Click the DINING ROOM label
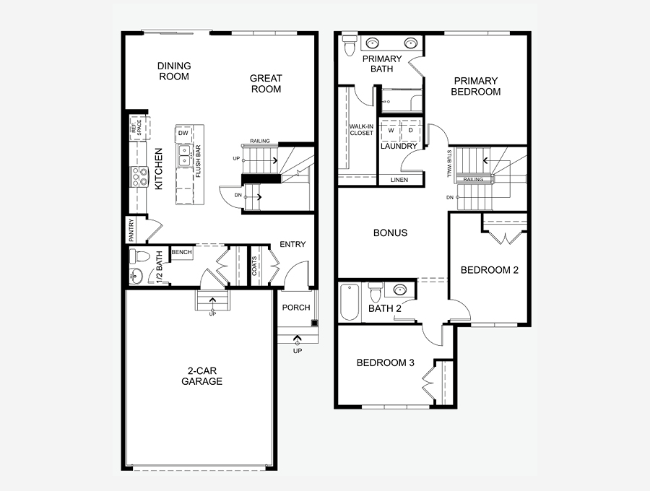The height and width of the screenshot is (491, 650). (x=174, y=71)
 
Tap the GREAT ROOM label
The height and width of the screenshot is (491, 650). (x=266, y=84)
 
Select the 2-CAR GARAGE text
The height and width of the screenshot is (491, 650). (x=202, y=376)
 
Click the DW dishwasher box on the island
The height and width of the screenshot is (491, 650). (x=183, y=133)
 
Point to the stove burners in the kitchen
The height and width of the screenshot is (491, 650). (x=139, y=176)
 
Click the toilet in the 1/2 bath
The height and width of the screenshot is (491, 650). (x=139, y=256)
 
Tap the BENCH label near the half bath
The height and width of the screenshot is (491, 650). (x=181, y=252)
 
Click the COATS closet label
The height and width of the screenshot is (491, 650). (x=254, y=266)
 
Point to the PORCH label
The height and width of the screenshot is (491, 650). (x=296, y=308)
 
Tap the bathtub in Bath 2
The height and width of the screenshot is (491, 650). (x=350, y=302)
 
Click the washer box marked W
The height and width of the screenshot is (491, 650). (x=391, y=130)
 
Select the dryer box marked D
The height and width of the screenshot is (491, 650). (x=411, y=130)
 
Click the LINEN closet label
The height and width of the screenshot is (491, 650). (x=399, y=180)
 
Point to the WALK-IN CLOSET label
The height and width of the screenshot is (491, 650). (x=362, y=130)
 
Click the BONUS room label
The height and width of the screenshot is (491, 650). (x=391, y=233)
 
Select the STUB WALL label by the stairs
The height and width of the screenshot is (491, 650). (x=449, y=163)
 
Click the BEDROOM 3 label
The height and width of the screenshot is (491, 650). (x=386, y=363)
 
